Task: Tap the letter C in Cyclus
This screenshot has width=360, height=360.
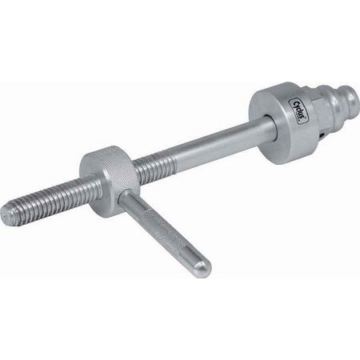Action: click(x=269, y=102)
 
